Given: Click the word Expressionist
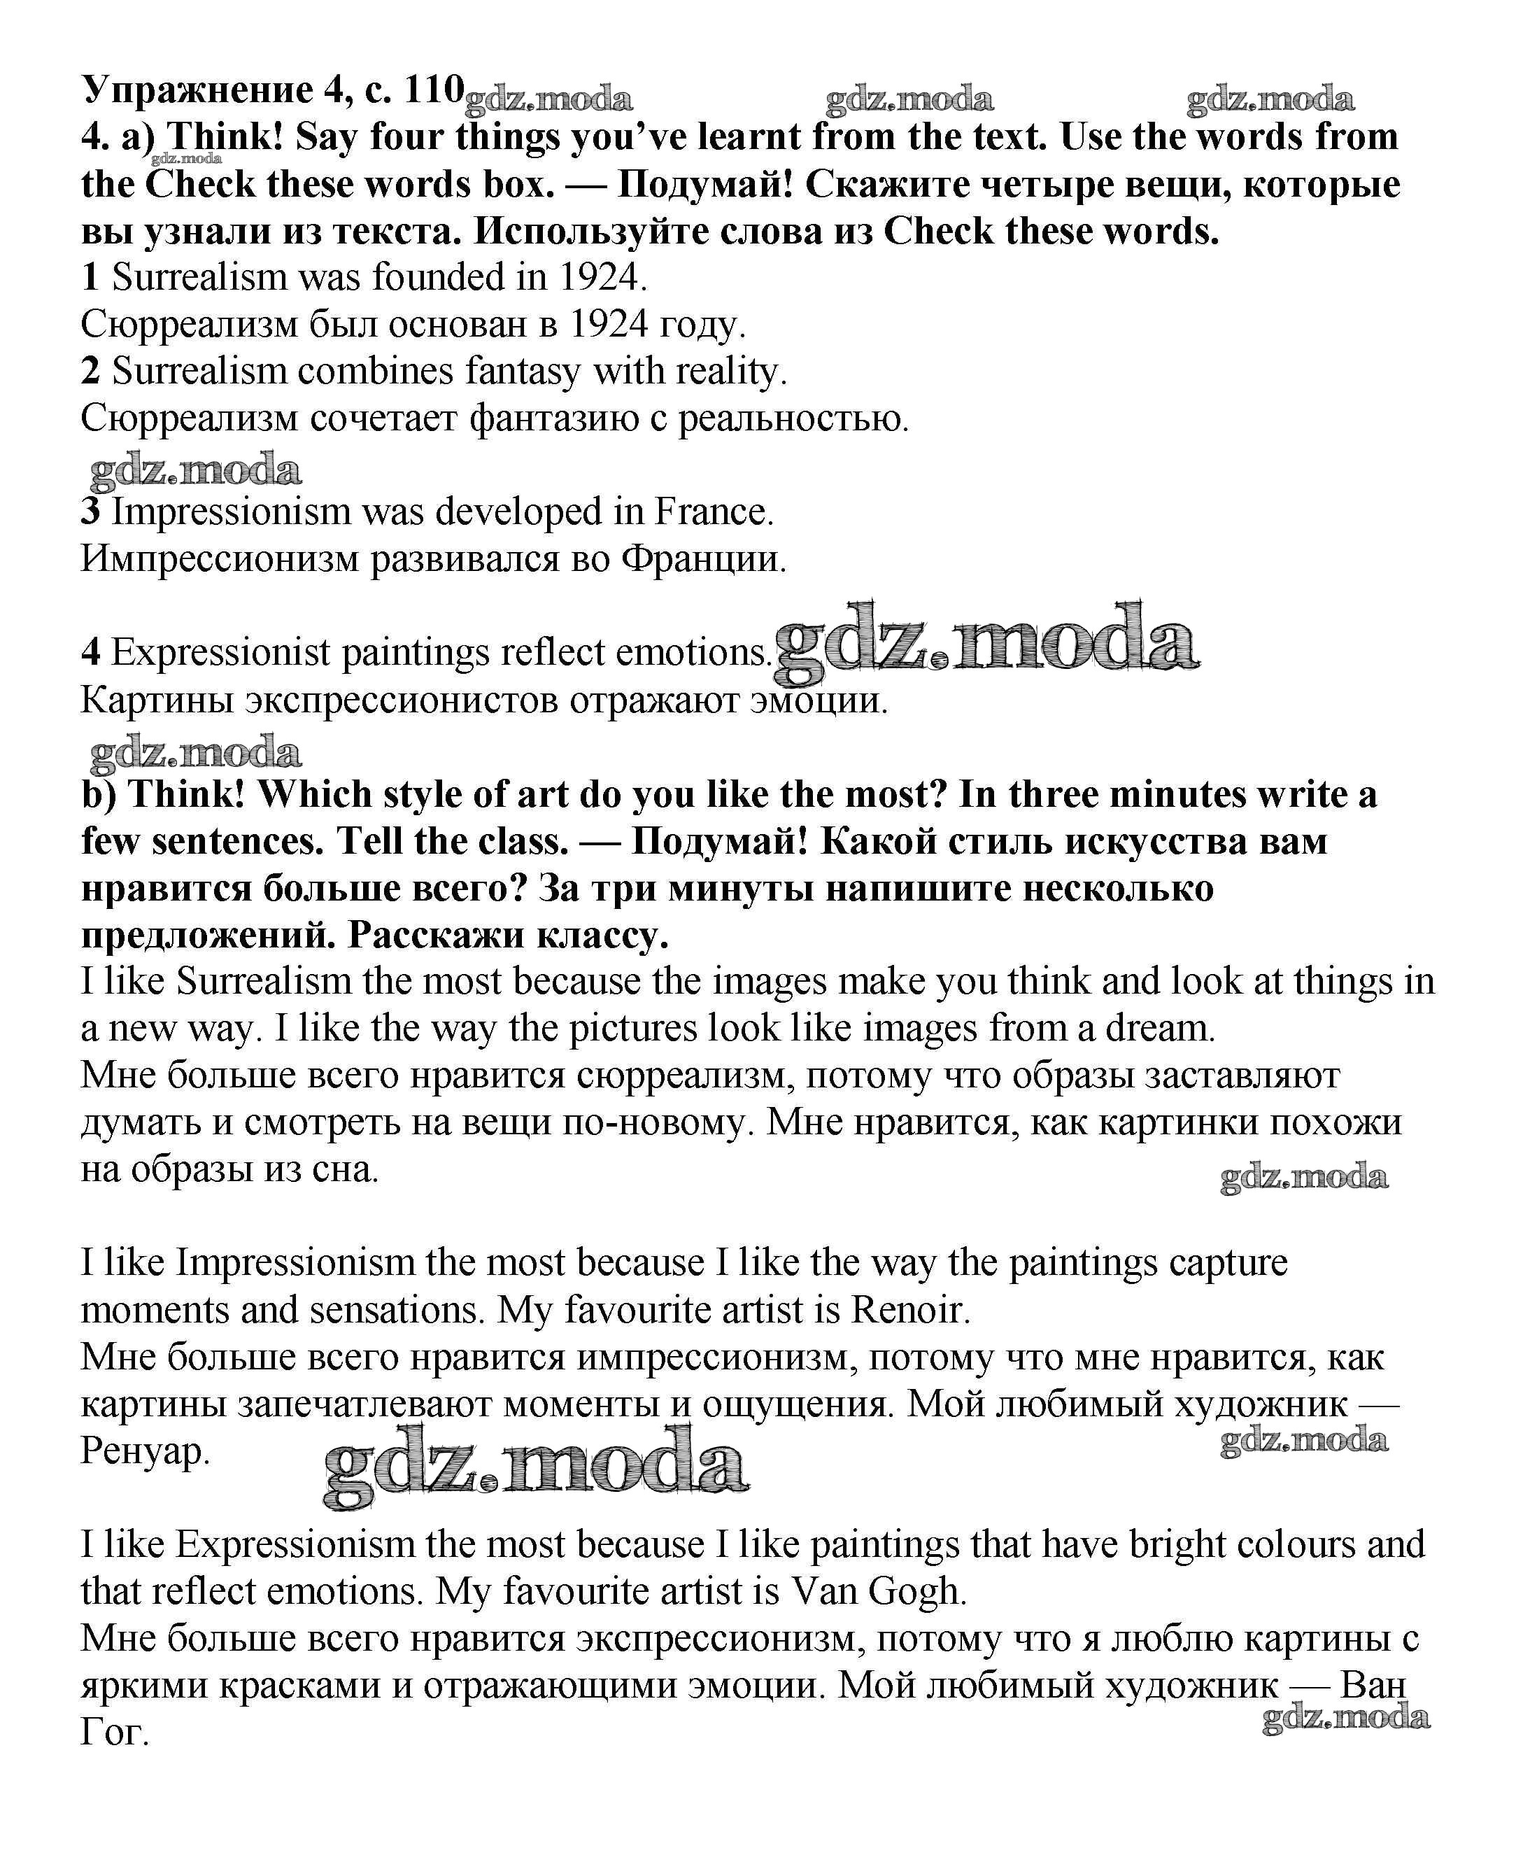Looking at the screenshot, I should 220,653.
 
